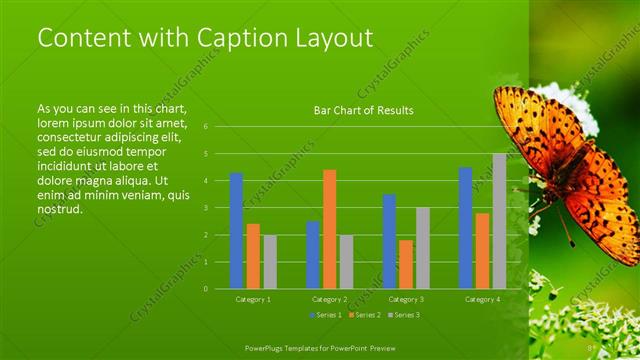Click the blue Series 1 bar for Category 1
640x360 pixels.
(236, 231)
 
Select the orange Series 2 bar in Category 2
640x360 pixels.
(329, 229)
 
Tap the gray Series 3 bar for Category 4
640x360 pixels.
(499, 221)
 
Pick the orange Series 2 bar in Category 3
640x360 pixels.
(406, 264)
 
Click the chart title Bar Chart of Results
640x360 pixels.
(363, 110)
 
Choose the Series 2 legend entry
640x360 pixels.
(364, 315)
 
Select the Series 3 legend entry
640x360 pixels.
(403, 315)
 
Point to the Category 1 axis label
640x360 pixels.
(253, 299)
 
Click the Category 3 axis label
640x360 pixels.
(406, 299)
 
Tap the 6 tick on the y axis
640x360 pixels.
(204, 127)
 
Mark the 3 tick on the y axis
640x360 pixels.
(204, 208)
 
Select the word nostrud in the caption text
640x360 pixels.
(59, 209)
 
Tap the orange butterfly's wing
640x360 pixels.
(600, 210)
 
